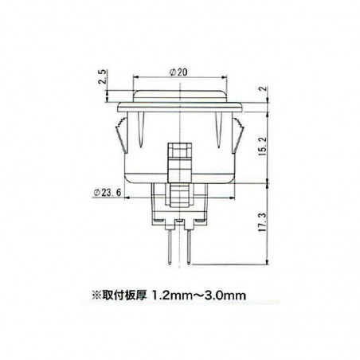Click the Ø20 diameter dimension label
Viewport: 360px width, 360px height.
coord(179,74)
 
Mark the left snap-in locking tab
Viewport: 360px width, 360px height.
coord(119,135)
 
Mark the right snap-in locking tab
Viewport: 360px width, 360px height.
coord(240,135)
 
